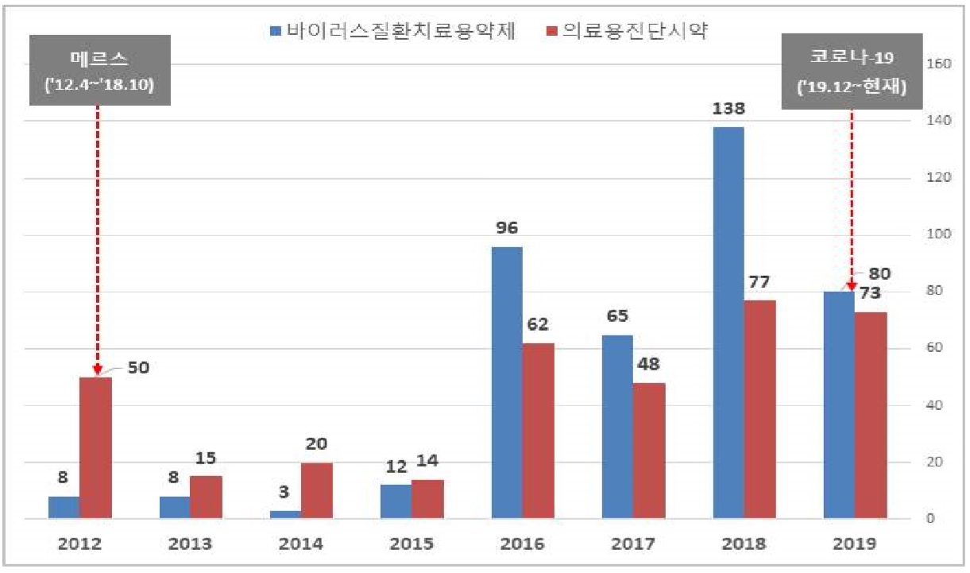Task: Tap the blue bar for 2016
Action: [507, 383]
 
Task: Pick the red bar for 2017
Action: [649, 451]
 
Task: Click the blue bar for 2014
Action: [285, 515]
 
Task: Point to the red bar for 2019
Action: [871, 415]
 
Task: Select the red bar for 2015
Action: [427, 499]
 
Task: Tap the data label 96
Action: [507, 228]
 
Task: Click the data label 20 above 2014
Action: [316, 443]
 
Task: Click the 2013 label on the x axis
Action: [191, 544]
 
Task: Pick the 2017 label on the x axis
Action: [633, 544]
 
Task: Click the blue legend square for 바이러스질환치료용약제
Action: [275, 31]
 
